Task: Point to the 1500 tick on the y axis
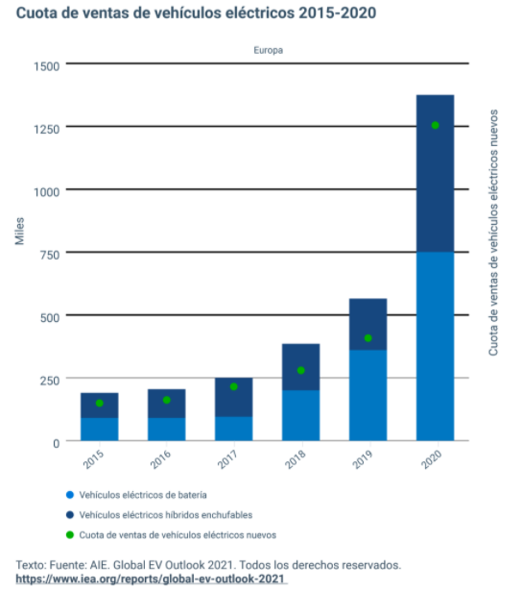(46, 65)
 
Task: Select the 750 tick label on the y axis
(50, 254)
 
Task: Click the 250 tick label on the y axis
(50, 379)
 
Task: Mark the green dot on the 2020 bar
(435, 125)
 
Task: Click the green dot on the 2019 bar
(368, 338)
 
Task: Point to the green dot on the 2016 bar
(166, 400)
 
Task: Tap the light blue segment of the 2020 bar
(435, 346)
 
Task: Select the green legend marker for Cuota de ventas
(69, 534)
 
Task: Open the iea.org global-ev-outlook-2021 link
(151, 580)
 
